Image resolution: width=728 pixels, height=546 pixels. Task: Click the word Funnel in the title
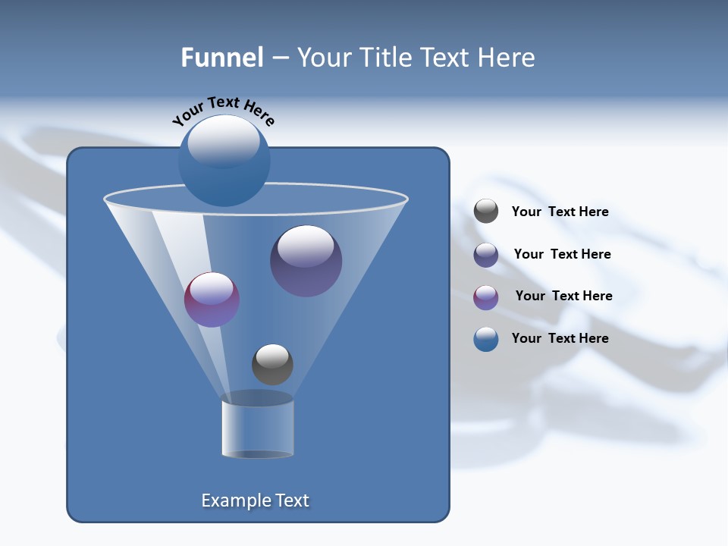tap(221, 58)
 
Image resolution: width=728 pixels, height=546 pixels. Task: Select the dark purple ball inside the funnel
tap(306, 261)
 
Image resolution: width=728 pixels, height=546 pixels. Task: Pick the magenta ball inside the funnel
tap(212, 300)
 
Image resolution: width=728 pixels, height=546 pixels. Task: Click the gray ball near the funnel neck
tap(272, 364)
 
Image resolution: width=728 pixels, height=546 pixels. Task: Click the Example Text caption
tap(255, 500)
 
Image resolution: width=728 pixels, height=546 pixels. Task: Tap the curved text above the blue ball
tap(223, 110)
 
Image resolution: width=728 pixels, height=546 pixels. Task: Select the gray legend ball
tap(486, 212)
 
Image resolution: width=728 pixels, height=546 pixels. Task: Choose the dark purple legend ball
tap(486, 255)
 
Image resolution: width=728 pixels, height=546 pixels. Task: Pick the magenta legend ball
tap(486, 297)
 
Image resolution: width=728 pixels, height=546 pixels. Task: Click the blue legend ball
tap(486, 339)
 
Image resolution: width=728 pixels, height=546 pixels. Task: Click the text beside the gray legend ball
tap(560, 212)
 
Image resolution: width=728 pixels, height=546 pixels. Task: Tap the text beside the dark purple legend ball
tap(562, 255)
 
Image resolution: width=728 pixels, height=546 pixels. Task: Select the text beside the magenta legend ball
tap(563, 297)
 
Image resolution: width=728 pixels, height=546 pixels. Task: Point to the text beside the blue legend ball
tap(560, 339)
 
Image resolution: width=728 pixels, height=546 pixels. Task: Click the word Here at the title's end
tap(510, 58)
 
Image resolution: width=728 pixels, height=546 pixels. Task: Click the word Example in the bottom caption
tap(234, 500)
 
